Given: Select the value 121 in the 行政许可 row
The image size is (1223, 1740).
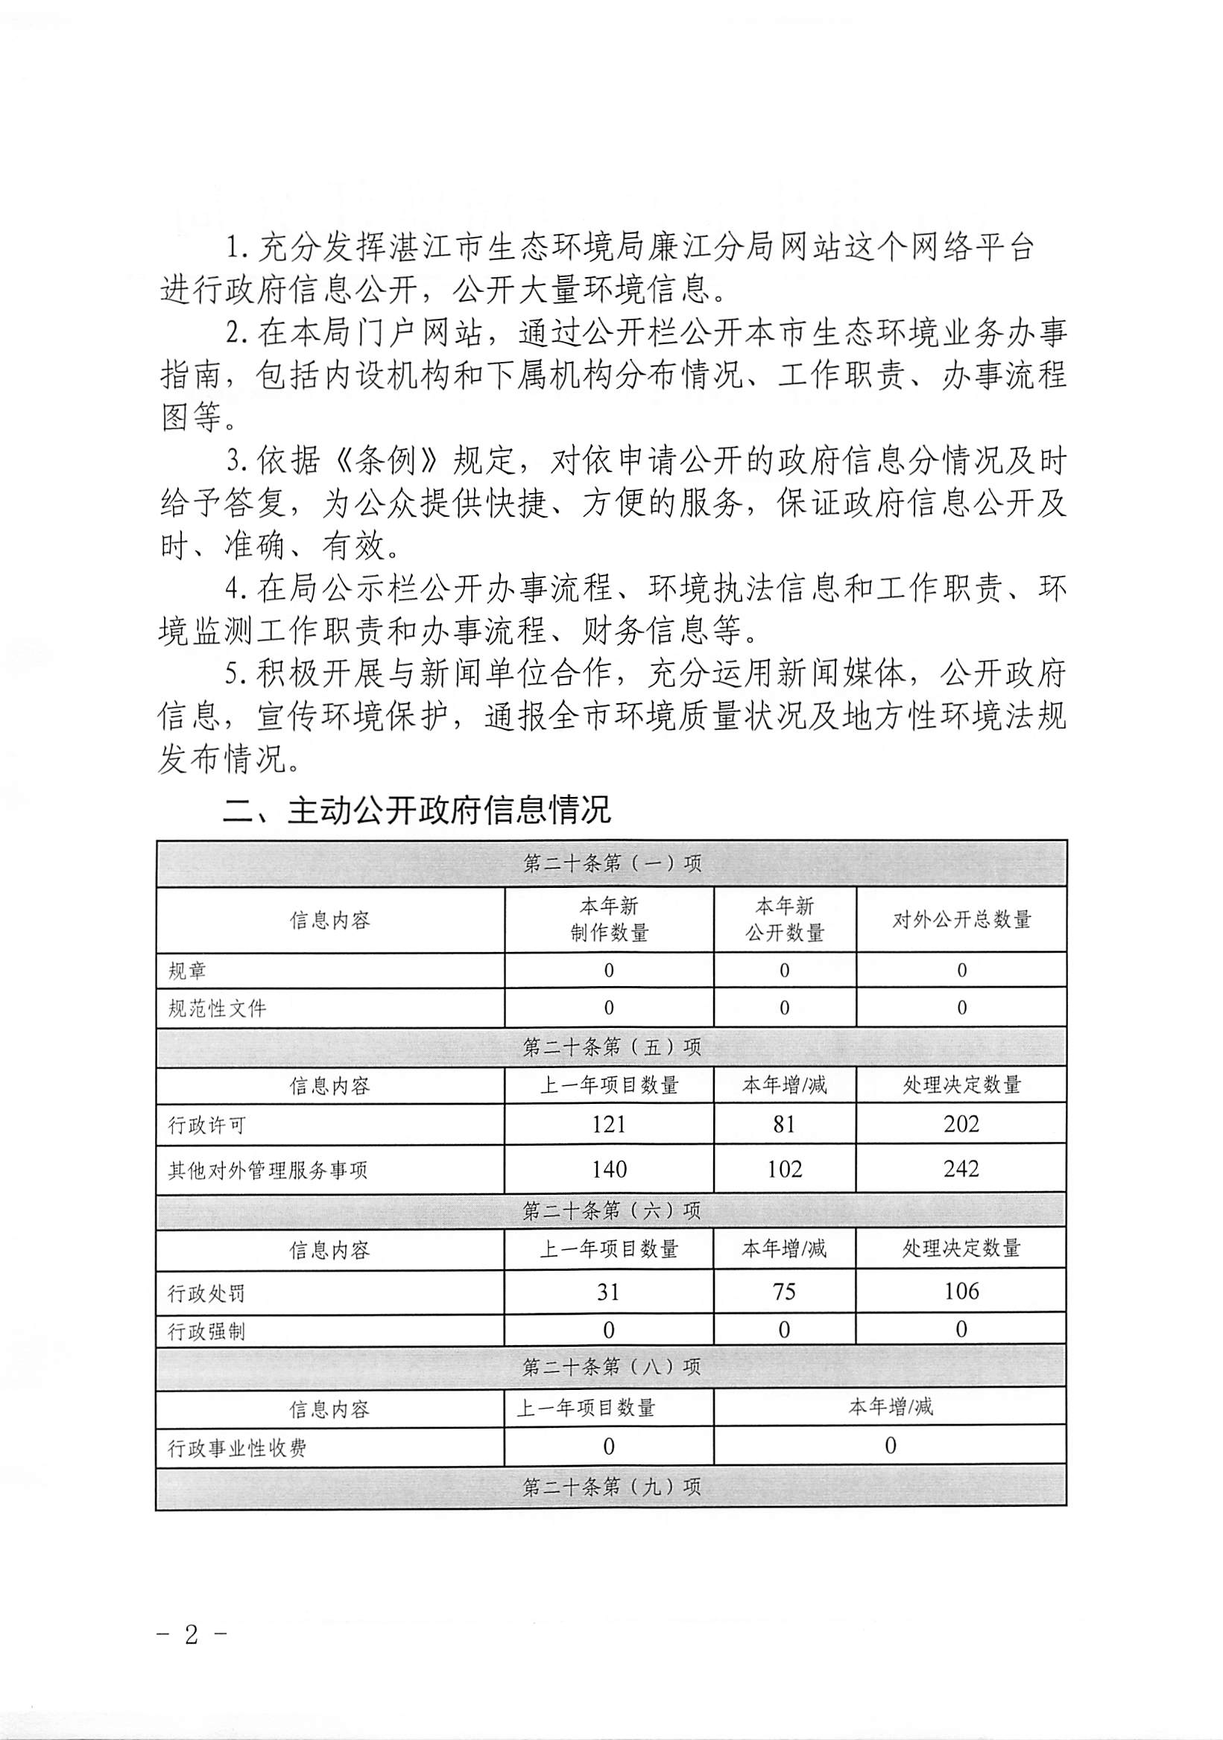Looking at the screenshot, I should coord(609,1124).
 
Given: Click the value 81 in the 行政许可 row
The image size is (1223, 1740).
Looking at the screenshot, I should coord(784,1124).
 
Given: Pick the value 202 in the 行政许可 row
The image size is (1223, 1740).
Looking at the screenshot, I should coord(961,1124).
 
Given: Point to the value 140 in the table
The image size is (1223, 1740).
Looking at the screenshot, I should coord(609,1169).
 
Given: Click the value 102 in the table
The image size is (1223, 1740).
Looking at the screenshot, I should coord(784,1169).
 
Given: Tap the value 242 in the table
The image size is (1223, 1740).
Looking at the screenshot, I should coord(961,1169).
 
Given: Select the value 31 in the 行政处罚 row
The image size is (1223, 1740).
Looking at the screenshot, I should coord(609,1292).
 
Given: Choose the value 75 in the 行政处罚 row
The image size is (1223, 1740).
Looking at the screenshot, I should coord(784,1292).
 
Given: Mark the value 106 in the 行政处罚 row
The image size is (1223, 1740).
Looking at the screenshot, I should coord(961,1292).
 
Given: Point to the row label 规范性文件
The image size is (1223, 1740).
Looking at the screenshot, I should coord(217,1009).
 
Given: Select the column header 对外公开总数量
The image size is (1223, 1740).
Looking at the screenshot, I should coord(961,920).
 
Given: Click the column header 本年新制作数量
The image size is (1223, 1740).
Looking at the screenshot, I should coord(609,919).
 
